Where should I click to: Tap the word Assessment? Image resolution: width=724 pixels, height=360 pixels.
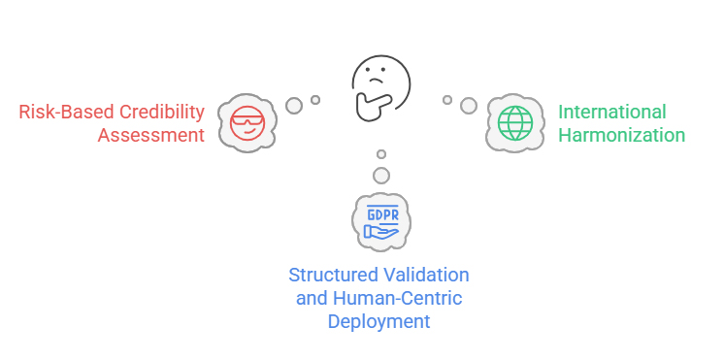(x=151, y=135)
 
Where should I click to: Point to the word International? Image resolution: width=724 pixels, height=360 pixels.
(x=611, y=112)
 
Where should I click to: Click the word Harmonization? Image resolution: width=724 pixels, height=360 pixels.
(x=621, y=135)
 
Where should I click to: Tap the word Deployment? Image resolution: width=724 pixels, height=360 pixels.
(x=379, y=321)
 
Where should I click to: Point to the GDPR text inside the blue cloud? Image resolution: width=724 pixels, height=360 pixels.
(x=380, y=213)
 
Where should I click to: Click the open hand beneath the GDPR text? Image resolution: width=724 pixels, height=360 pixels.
(x=379, y=231)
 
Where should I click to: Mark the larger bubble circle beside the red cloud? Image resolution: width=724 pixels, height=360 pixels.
(x=294, y=105)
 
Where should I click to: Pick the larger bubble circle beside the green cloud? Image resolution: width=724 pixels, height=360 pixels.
(x=469, y=105)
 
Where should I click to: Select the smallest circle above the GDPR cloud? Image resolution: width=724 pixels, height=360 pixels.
(x=381, y=154)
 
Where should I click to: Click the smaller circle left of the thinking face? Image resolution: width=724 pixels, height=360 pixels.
(x=315, y=99)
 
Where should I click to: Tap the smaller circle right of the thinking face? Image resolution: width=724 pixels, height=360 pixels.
(x=447, y=99)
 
